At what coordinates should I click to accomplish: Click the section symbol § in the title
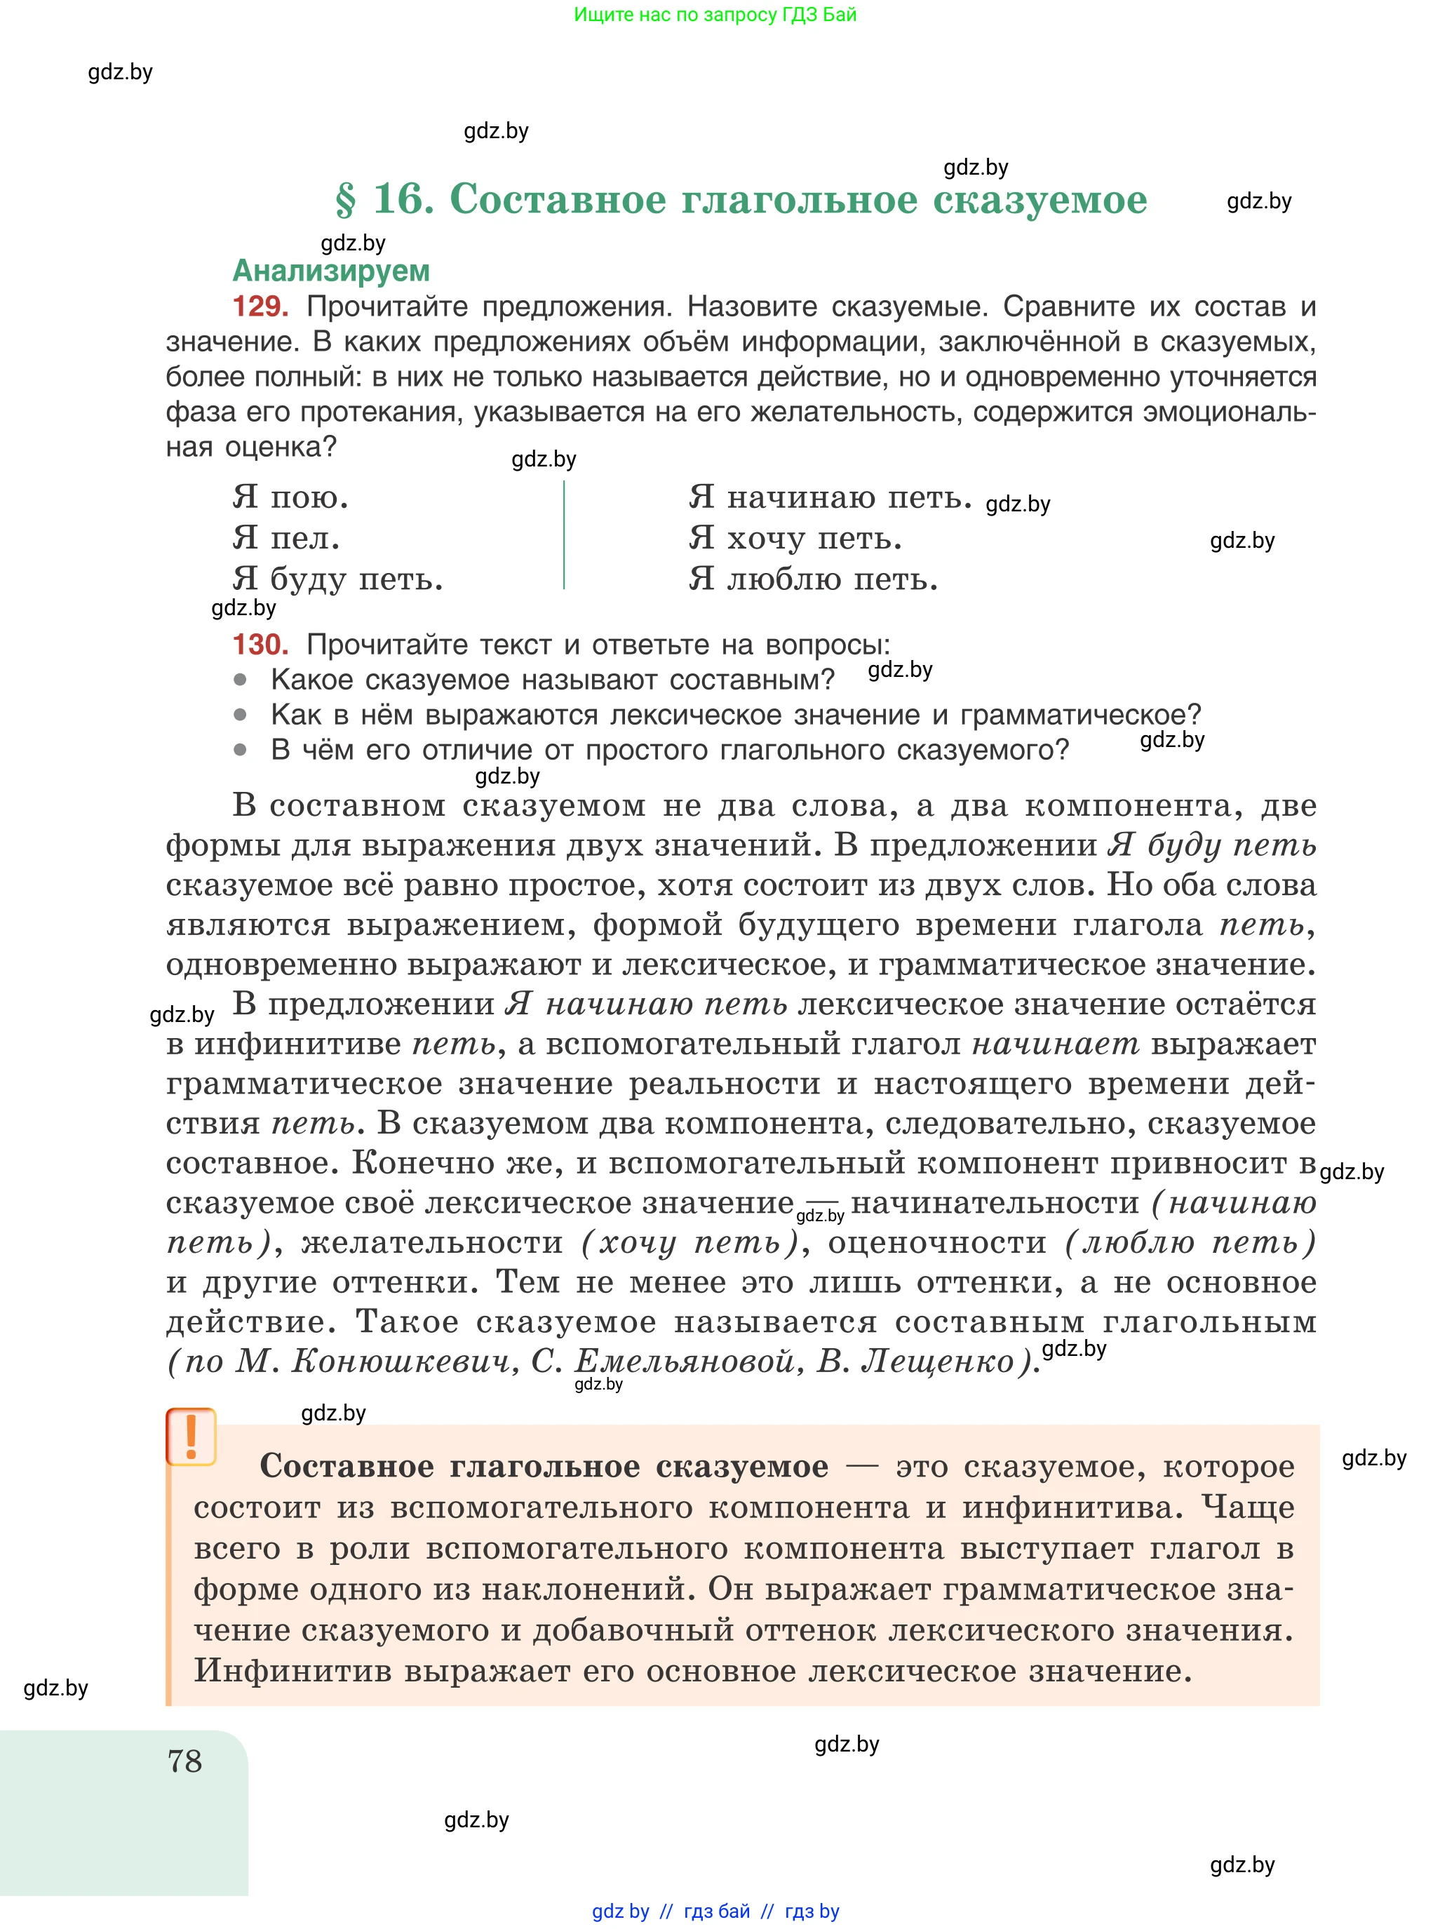(x=345, y=201)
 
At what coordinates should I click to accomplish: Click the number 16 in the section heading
(x=403, y=199)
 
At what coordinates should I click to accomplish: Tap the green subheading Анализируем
(x=330, y=271)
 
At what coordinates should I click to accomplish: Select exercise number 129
(x=260, y=306)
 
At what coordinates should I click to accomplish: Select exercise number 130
(x=260, y=645)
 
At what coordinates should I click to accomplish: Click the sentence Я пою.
(x=290, y=497)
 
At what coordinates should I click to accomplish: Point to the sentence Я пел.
(x=285, y=538)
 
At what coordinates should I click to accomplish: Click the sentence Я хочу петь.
(x=795, y=538)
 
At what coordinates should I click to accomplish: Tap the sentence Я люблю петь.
(x=813, y=579)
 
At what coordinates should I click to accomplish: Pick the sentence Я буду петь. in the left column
(x=337, y=579)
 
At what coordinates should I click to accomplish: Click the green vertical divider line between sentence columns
(x=564, y=536)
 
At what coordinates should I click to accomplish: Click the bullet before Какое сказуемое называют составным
(x=241, y=680)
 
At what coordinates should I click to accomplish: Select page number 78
(x=184, y=1761)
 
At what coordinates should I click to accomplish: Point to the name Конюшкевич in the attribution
(x=400, y=1362)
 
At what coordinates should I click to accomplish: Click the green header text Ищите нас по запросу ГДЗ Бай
(x=715, y=15)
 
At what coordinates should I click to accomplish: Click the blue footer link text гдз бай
(x=717, y=1911)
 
